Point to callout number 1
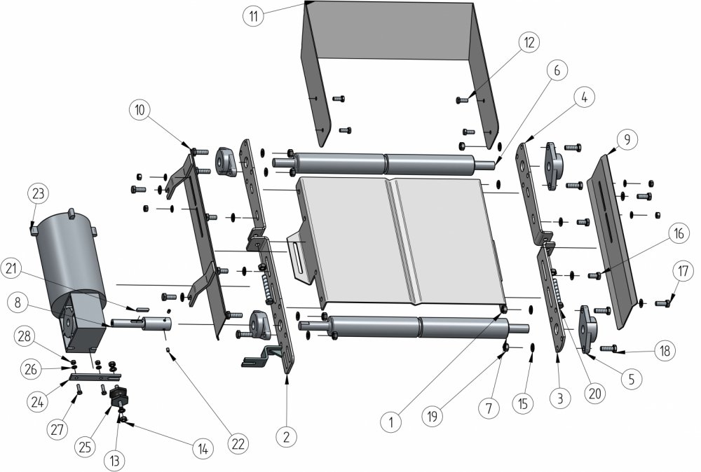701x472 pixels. point(391,422)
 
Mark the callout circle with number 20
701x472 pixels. point(594,394)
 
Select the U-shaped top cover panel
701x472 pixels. point(393,42)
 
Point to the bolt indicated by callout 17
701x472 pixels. point(663,303)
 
